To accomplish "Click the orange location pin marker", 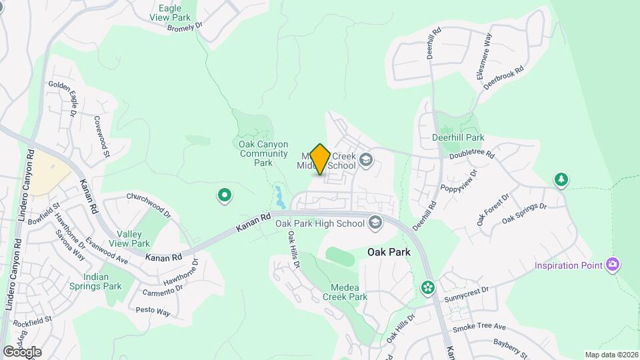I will coord(320,159).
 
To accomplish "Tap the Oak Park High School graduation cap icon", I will coord(375,223).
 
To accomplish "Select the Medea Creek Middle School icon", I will coord(365,159).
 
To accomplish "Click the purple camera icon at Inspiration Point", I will coord(613,265).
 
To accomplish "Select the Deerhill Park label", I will coord(457,137).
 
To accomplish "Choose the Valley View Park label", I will coord(133,239).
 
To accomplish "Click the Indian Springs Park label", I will coord(103,281).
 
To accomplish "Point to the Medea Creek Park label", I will coord(345,292).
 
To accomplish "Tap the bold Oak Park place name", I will coord(389,253).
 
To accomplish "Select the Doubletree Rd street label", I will coord(471,155).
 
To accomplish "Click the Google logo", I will coord(22,351).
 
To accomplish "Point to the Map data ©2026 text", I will coord(610,355).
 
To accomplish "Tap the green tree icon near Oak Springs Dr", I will coord(561,179).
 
